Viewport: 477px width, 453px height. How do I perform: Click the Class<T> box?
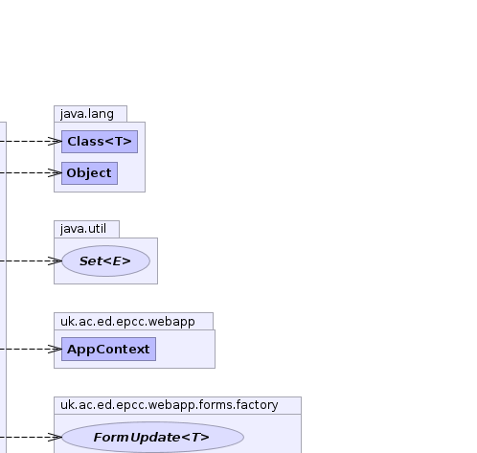click(x=100, y=142)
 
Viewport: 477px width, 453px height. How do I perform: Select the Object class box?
click(x=89, y=173)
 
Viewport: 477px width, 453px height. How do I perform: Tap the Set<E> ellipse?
click(x=105, y=261)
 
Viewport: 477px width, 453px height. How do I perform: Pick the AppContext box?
click(x=108, y=349)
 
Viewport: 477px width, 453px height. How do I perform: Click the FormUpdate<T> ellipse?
click(x=152, y=437)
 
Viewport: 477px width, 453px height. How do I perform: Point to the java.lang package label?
click(x=87, y=114)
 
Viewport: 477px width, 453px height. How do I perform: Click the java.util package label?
click(x=83, y=229)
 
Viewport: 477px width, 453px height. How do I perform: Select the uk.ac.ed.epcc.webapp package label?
click(x=127, y=321)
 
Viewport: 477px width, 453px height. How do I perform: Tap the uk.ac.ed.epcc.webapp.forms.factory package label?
click(x=170, y=405)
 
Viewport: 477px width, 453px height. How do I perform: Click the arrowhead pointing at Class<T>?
click(x=55, y=142)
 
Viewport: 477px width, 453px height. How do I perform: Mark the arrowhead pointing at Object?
click(x=55, y=173)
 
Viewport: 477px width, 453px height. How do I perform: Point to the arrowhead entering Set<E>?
click(x=55, y=261)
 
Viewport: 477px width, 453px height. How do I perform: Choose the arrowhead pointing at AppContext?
click(x=55, y=349)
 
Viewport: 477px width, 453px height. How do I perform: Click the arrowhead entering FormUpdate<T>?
click(x=55, y=437)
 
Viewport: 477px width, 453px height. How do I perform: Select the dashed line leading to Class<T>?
click(x=31, y=142)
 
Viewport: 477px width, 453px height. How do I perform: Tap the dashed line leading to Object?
click(x=31, y=173)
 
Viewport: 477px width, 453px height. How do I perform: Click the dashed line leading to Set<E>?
click(x=31, y=261)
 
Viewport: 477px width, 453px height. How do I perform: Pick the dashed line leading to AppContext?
click(x=31, y=349)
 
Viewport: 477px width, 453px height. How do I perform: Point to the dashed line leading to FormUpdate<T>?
click(x=31, y=437)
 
